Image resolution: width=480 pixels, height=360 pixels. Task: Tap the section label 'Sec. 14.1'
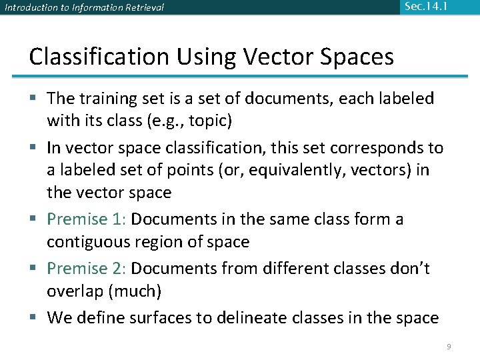click(426, 7)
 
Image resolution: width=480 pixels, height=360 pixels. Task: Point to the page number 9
click(449, 347)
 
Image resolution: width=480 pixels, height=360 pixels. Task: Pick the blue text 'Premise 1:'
click(87, 219)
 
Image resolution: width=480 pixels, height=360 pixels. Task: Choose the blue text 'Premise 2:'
click(87, 268)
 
